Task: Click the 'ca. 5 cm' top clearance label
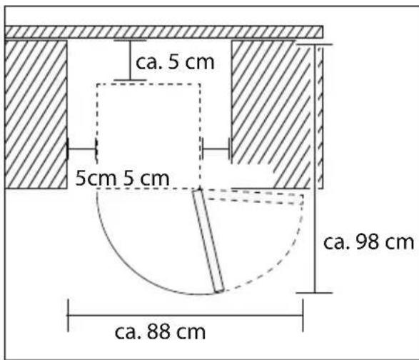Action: click(175, 62)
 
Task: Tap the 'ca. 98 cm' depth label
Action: click(368, 242)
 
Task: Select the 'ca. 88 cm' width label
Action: click(160, 331)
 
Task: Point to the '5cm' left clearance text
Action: click(96, 178)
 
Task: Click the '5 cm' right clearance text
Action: click(146, 178)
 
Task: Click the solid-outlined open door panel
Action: click(208, 241)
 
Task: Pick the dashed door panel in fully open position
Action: click(255, 197)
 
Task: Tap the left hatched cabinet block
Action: click(36, 114)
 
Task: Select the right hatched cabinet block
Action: click(271, 114)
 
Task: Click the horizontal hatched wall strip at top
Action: click(163, 32)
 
